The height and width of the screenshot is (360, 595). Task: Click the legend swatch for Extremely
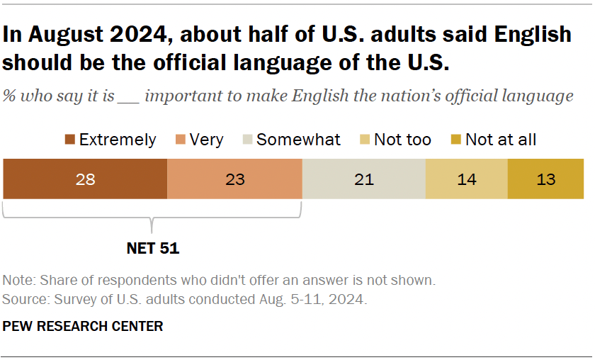[69, 140]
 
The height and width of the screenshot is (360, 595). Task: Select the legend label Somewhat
[298, 140]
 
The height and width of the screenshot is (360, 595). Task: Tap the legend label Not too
[402, 140]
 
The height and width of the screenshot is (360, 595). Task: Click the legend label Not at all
[501, 140]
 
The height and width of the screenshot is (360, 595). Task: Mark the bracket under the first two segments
[152, 216]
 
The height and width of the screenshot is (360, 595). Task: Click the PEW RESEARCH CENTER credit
[83, 326]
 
